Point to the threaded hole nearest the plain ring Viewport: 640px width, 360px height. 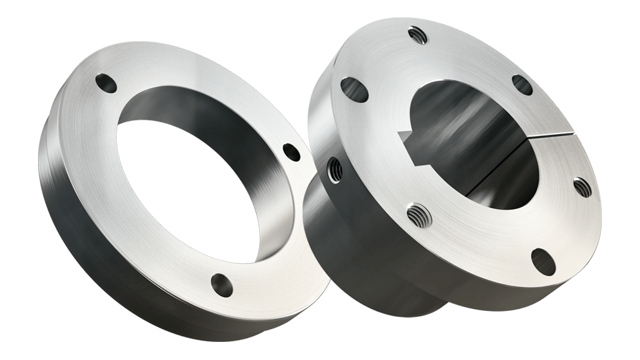click(335, 170)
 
